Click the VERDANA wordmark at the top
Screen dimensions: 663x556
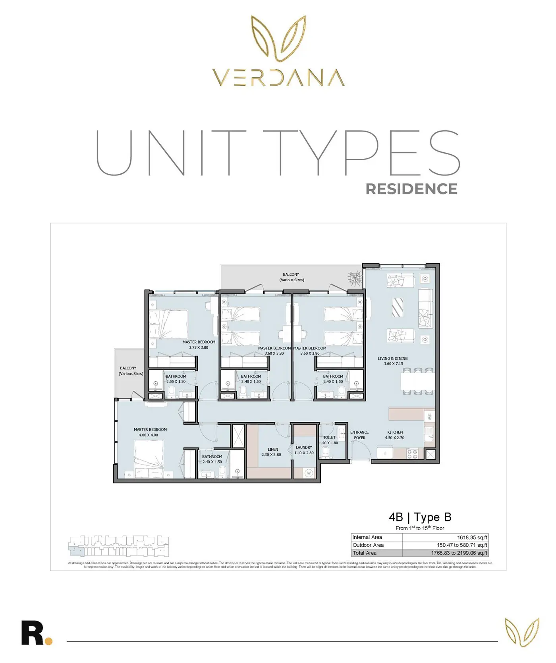pos(278,78)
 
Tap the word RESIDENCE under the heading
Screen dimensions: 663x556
pos(411,189)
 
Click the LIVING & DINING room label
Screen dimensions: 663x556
pos(392,358)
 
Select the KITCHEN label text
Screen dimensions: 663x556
pos(395,432)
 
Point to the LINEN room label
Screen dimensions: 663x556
pos(272,449)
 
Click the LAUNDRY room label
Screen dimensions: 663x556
pos(304,447)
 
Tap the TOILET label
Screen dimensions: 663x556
pos(329,437)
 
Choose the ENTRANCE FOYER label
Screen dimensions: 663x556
pos(359,435)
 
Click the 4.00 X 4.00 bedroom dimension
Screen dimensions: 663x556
pos(148,435)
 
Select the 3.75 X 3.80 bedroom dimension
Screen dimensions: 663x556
pos(199,348)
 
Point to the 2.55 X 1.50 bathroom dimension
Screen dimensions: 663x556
pos(176,381)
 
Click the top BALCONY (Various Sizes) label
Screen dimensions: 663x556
pos(291,277)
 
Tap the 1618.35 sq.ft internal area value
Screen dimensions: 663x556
pos(472,537)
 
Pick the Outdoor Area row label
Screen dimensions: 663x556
pos(368,545)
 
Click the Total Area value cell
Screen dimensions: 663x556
pos(459,553)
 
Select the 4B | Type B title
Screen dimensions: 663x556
pos(420,517)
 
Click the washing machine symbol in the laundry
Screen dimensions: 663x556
pos(309,473)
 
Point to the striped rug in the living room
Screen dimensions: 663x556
pos(398,307)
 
